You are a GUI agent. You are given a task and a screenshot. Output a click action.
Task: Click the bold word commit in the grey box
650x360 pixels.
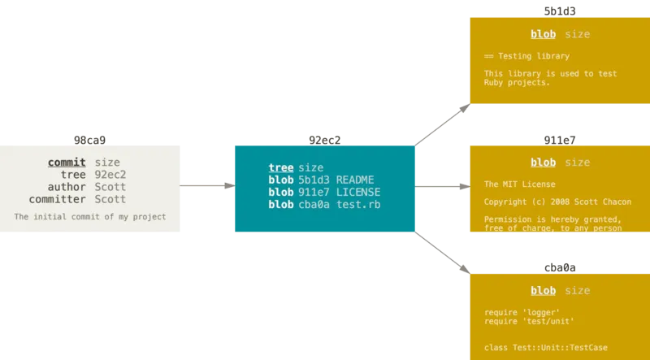pyautogui.click(x=67, y=163)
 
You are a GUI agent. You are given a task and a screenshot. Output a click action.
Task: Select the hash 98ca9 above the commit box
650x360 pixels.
pyautogui.click(x=89, y=140)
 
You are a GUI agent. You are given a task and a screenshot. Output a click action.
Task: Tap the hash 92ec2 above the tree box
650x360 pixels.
pyautogui.click(x=324, y=140)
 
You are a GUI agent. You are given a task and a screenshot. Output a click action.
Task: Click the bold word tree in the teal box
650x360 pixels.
pyautogui.click(x=281, y=167)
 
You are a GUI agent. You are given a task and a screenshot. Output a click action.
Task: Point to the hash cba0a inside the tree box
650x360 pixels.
pyautogui.click(x=314, y=204)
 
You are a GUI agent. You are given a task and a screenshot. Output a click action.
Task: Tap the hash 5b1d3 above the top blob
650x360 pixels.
pyautogui.click(x=560, y=11)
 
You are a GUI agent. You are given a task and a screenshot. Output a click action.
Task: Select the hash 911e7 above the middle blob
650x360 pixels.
pyautogui.click(x=560, y=140)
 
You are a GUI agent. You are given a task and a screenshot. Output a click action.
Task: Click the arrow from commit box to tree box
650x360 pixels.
pyautogui.click(x=207, y=186)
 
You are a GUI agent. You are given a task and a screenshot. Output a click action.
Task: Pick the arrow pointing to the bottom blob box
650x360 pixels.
pyautogui.click(x=443, y=252)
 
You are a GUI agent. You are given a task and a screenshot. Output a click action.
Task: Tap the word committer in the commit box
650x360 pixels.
pyautogui.click(x=58, y=199)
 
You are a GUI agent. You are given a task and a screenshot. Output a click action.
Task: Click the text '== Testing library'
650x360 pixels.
pyautogui.click(x=526, y=56)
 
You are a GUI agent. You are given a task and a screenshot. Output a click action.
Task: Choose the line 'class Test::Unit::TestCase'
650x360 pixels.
pyautogui.click(x=545, y=348)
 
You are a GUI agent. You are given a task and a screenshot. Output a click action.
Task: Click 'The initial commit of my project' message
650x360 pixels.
pyautogui.click(x=89, y=217)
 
